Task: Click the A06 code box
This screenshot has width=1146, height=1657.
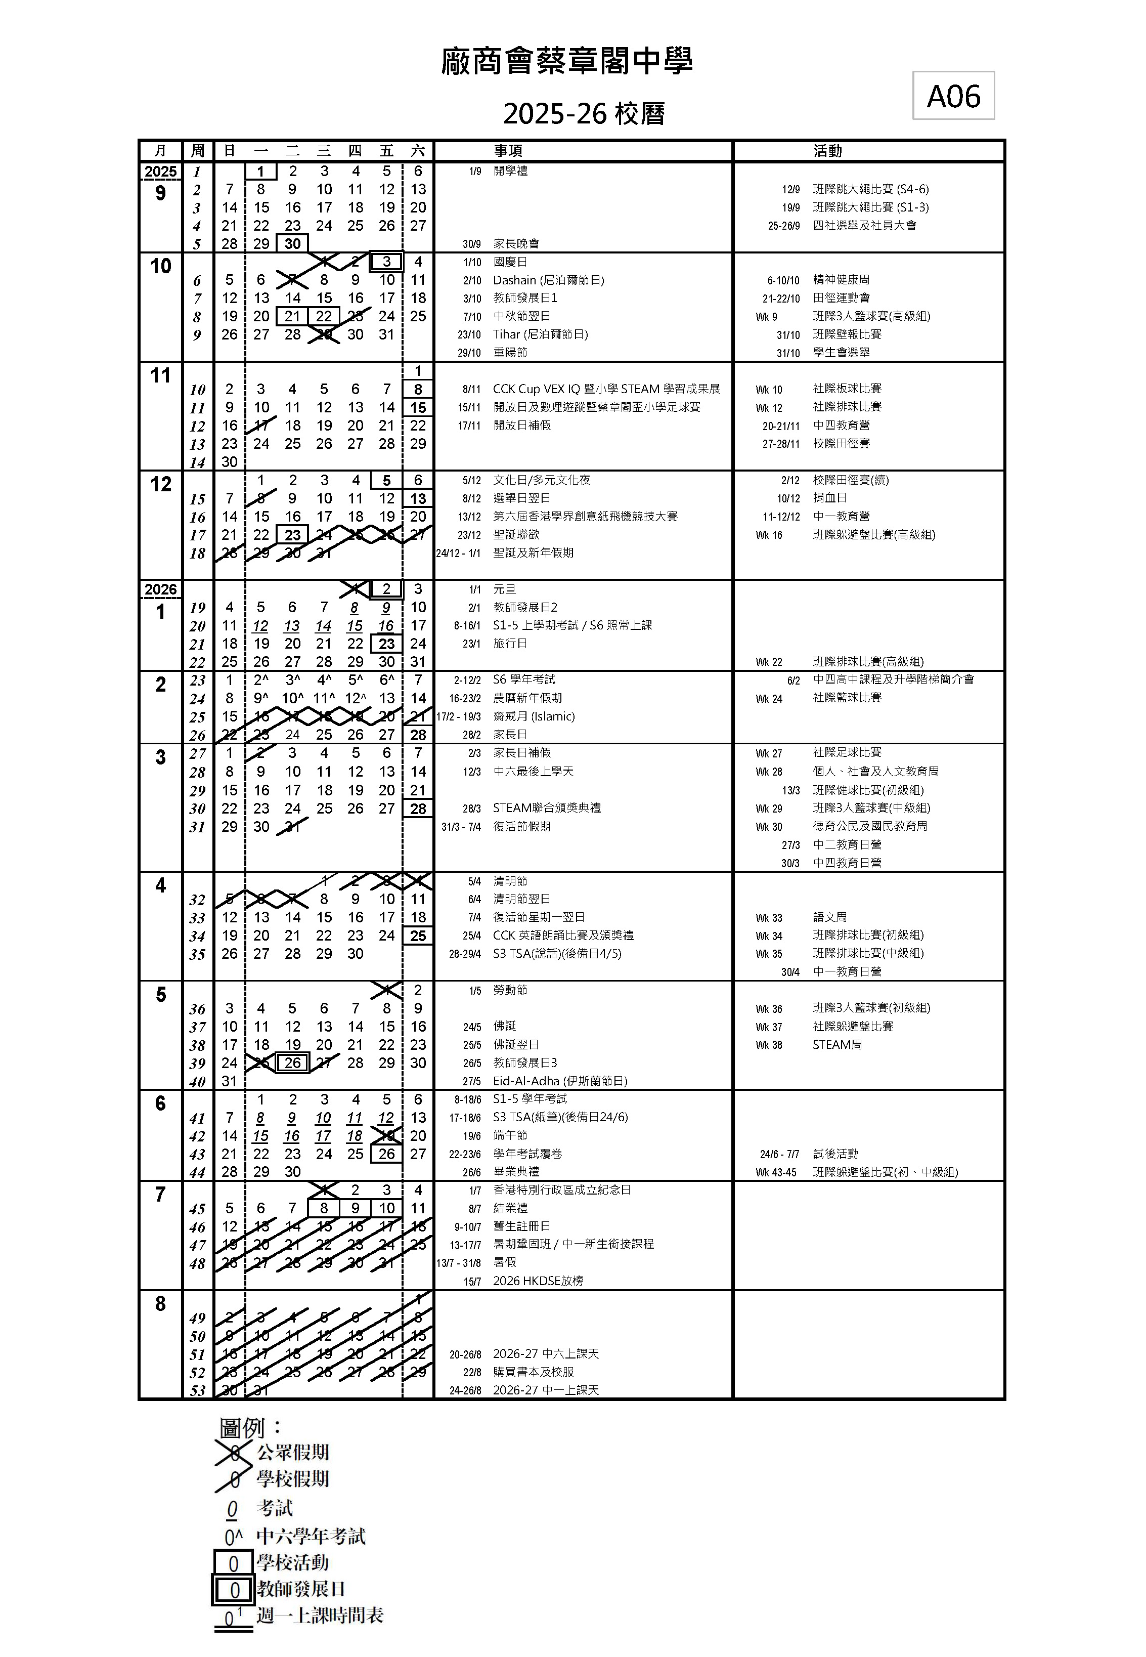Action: tap(953, 96)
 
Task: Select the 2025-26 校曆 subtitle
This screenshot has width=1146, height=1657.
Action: tap(584, 113)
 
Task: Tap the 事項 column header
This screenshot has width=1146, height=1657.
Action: tap(508, 151)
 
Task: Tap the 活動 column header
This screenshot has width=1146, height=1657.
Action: tap(827, 151)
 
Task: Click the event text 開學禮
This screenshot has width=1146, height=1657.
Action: tap(510, 171)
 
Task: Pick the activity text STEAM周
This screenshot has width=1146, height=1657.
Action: tap(837, 1044)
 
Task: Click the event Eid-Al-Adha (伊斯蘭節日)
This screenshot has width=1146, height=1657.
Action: tap(560, 1081)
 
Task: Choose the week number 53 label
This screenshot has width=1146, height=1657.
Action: tap(197, 1390)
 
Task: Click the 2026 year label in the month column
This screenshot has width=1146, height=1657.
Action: tap(161, 589)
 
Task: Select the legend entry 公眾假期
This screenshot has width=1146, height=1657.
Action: tap(293, 1452)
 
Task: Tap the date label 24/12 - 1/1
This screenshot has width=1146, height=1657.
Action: tap(458, 553)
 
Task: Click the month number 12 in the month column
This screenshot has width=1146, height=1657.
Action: tap(161, 484)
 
